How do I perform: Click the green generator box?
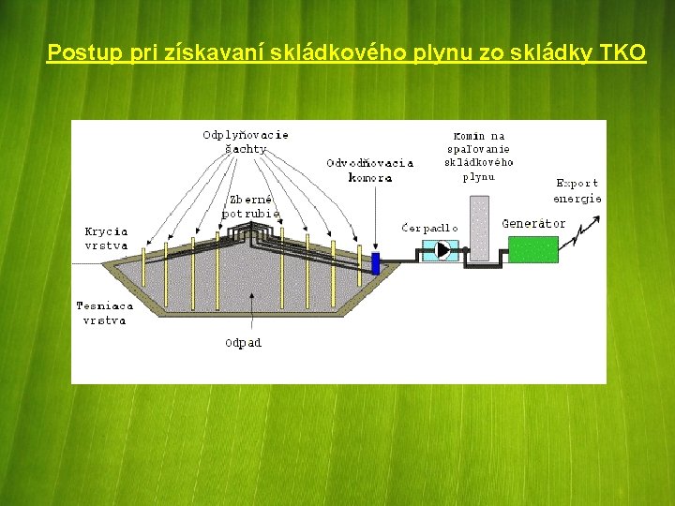coord(532,248)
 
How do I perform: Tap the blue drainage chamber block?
coord(376,263)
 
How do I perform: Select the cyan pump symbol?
coord(438,249)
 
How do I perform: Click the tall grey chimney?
coord(479,228)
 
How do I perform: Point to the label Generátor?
coord(533,224)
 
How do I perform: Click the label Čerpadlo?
coord(429,228)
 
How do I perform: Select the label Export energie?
coord(577,190)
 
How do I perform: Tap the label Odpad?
coord(244,343)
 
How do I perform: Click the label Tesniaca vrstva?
coord(105,313)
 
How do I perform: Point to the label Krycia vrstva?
coord(106,238)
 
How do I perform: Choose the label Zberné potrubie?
coord(249,206)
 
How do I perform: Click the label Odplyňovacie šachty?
coord(246,141)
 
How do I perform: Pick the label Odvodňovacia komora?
coord(369,170)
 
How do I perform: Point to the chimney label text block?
coord(478,156)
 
